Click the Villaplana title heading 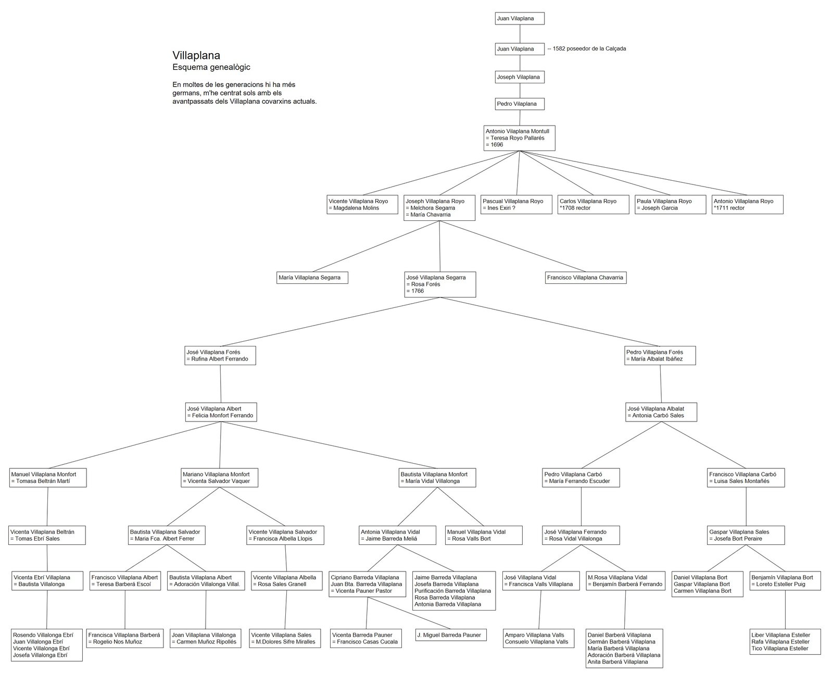[x=196, y=55]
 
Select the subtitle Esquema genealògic [x=211, y=67]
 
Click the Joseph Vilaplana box [x=520, y=77]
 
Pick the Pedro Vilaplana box [x=520, y=104]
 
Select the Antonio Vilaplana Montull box [x=519, y=138]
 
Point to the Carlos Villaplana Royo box [x=593, y=205]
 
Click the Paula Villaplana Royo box [x=670, y=205]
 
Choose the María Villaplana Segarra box [x=312, y=278]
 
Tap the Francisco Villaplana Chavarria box [x=585, y=278]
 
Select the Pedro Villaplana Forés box [x=660, y=356]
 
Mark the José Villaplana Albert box [x=221, y=412]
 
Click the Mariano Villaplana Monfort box [x=219, y=478]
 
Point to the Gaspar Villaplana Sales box [x=746, y=536]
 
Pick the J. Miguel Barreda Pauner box [x=451, y=635]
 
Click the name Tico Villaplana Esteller [x=780, y=649]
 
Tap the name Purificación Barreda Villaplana [x=452, y=591]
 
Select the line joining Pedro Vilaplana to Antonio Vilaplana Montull [x=520, y=118]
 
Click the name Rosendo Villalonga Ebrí [x=43, y=635]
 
